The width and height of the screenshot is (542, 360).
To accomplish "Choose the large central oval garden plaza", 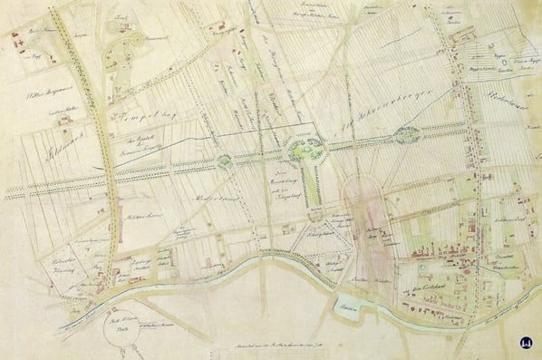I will (304, 149).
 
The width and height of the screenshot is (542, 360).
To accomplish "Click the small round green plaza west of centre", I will (224, 161).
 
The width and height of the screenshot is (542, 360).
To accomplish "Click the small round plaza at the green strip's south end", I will (315, 214).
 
